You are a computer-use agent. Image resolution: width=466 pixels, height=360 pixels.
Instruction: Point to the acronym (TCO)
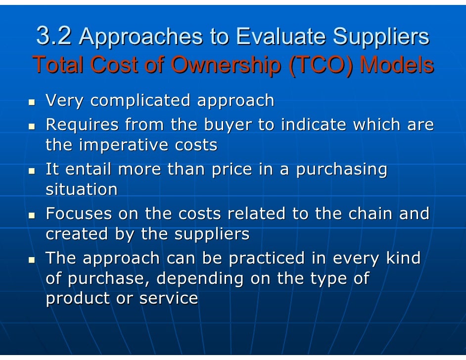322,65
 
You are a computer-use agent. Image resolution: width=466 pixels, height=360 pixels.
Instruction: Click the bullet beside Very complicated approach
32,103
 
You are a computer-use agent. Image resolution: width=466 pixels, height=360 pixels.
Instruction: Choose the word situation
82,189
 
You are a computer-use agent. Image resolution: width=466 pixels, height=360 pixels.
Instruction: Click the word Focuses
79,214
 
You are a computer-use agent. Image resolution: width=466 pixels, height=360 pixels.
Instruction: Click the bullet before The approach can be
32,260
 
